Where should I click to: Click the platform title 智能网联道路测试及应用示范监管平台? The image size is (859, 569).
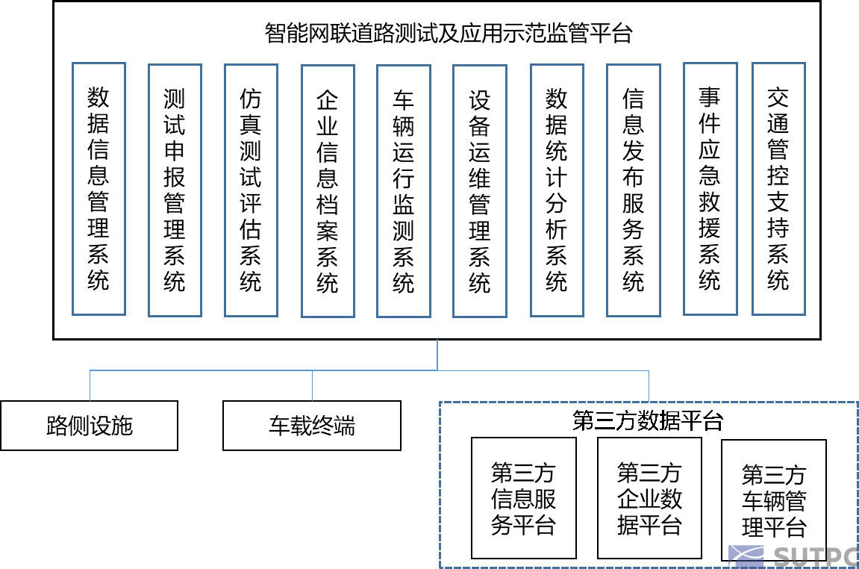pos(448,34)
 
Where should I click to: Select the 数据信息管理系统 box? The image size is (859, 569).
pos(99,189)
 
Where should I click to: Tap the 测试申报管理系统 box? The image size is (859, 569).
pos(175,190)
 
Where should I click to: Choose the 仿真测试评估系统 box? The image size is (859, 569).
pos(251,190)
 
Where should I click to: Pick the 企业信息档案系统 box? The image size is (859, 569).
pos(328,191)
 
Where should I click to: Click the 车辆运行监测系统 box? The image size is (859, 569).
pos(404,191)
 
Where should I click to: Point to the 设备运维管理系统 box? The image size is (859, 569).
pos(480,191)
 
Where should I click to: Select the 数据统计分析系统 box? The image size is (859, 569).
pos(557,190)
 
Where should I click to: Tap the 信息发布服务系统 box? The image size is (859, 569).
pos(634,190)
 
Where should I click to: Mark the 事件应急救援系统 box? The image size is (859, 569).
pos(710,189)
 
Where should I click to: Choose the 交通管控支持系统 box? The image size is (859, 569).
pos(778,189)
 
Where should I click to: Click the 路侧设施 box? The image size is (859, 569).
pos(90,426)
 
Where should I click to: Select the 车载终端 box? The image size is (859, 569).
pos(312,426)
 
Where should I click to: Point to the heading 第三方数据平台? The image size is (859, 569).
pos(648,421)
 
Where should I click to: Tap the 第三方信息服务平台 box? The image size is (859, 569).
pos(524,498)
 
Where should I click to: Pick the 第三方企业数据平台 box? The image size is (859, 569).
pos(650,498)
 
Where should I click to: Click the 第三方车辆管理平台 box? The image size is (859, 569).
pos(774,500)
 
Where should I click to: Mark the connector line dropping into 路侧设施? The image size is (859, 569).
pos(90,386)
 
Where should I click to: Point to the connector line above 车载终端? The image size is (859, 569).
pos(312,386)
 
